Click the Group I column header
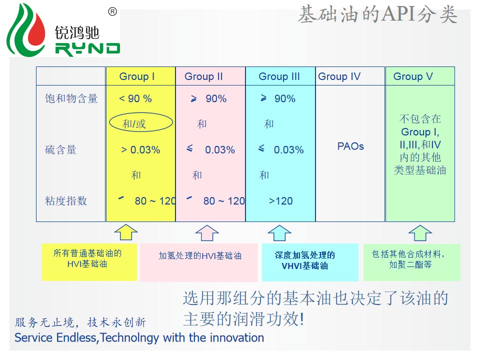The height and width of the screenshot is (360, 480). click(137, 76)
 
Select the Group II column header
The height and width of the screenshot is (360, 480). click(203, 76)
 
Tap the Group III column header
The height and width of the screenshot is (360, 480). click(279, 76)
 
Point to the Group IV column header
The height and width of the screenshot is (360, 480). click(339, 76)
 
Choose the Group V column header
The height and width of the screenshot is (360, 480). click(413, 76)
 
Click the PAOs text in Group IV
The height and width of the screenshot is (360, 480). click(350, 146)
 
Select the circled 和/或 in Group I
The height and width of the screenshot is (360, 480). click(134, 123)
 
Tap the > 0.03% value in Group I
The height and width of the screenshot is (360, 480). click(140, 149)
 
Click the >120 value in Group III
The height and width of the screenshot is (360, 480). click(280, 201)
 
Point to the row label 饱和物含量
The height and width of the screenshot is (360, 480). click(71, 98)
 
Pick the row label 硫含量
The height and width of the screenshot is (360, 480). click(60, 149)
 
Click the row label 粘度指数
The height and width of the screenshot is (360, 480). click(66, 201)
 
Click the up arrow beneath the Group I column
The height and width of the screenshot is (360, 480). click(126, 232)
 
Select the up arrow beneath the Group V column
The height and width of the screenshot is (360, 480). click(420, 232)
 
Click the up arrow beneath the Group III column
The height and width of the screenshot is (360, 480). click(279, 232)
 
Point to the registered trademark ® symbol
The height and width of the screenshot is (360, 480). click(112, 12)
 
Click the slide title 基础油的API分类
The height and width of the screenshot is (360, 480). click(377, 15)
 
